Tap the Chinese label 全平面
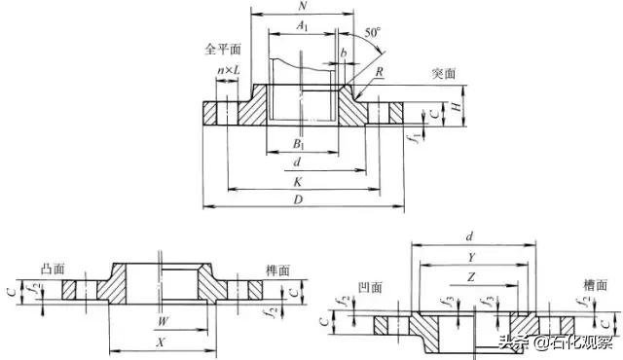coord(221,49)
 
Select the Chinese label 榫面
coord(277,270)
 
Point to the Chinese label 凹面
coord(370,288)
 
